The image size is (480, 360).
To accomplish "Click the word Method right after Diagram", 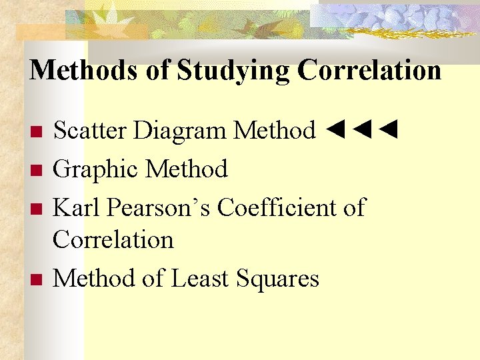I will [274, 130].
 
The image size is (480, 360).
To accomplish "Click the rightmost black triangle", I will [389, 129].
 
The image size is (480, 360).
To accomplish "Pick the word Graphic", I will [96, 169].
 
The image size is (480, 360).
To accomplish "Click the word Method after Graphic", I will [187, 169].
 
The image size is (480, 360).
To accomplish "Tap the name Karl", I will [77, 208].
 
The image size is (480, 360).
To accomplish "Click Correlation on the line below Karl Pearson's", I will [113, 239].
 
